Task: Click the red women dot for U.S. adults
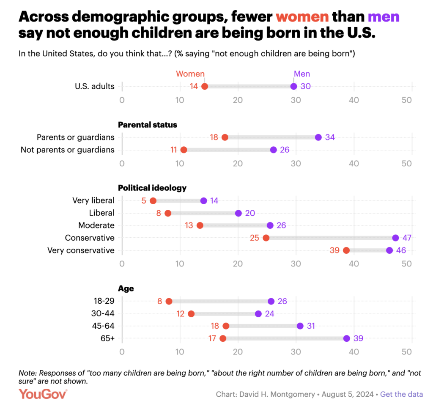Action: pyautogui.click(x=205, y=86)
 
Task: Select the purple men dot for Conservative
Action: pyautogui.click(x=395, y=238)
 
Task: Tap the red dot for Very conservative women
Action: pyautogui.click(x=346, y=250)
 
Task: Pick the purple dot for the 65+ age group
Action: pyautogui.click(x=347, y=338)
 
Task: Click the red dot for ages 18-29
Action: pyautogui.click(x=169, y=301)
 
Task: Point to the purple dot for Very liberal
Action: pyautogui.click(x=203, y=200)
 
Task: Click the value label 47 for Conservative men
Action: pyautogui.click(x=407, y=238)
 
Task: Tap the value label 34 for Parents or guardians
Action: pyautogui.click(x=330, y=137)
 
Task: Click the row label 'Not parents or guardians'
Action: pyautogui.click(x=68, y=150)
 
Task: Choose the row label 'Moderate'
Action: pyautogui.click(x=96, y=225)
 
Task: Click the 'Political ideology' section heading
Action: pyautogui.click(x=152, y=188)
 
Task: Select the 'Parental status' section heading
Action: pyautogui.click(x=147, y=125)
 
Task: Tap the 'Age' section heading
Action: pyautogui.click(x=126, y=289)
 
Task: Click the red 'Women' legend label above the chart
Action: pyautogui.click(x=190, y=74)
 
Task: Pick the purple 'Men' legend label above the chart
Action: pyautogui.click(x=302, y=74)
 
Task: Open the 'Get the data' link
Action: pyautogui.click(x=401, y=394)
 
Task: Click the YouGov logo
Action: pyautogui.click(x=43, y=394)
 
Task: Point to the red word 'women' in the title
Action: pyautogui.click(x=302, y=17)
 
